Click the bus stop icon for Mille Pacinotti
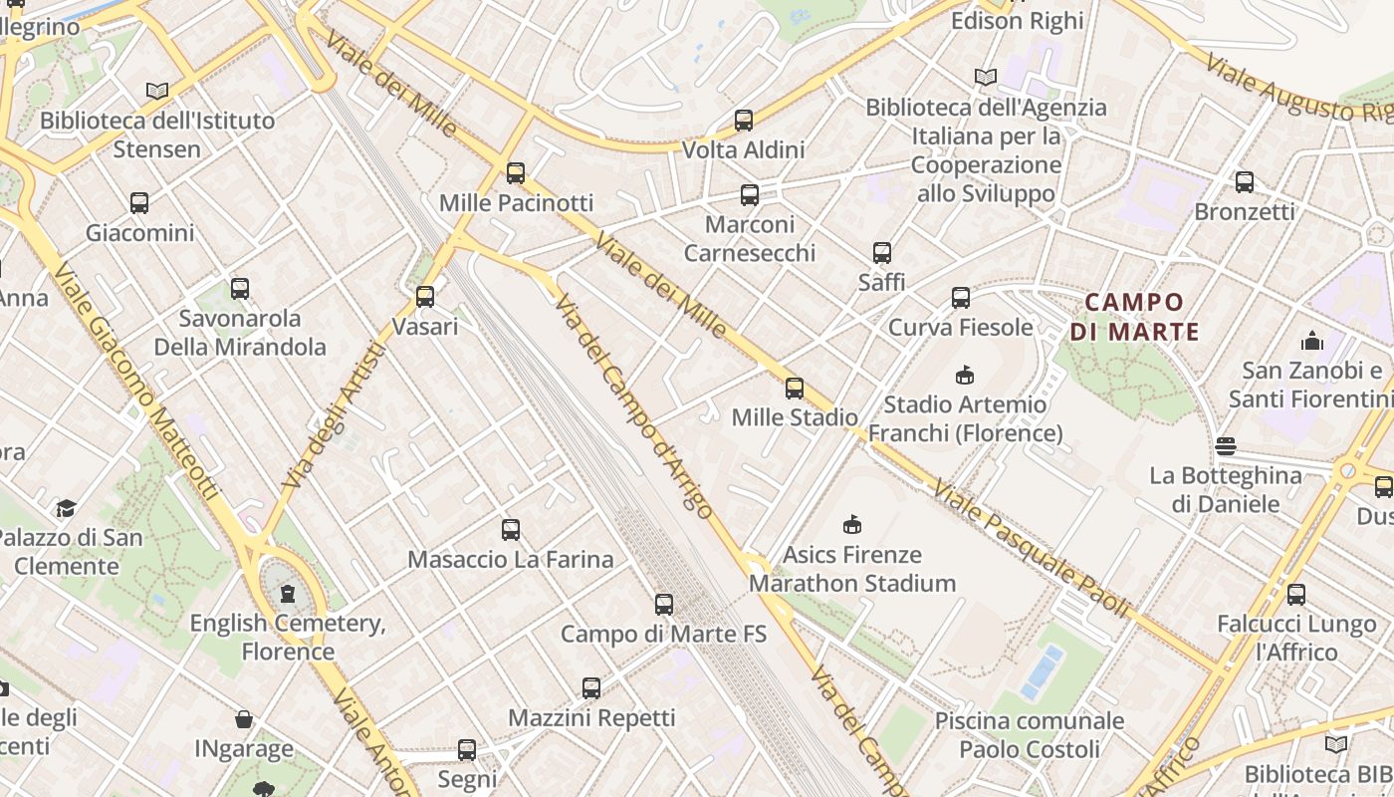click(515, 173)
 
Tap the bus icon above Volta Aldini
click(743, 121)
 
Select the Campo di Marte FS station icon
click(663, 604)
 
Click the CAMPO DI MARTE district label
click(1134, 316)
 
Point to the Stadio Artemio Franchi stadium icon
click(964, 375)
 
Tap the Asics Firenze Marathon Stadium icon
click(851, 524)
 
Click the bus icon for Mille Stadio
click(794, 388)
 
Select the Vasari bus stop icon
click(424, 297)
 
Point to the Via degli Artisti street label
click(334, 416)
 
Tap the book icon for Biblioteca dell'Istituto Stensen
click(157, 91)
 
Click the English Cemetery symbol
click(288, 594)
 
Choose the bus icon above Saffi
click(881, 253)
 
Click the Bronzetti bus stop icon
click(1244, 182)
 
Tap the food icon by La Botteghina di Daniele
click(1225, 445)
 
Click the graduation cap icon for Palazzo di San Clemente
click(66, 508)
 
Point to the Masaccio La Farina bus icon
click(510, 529)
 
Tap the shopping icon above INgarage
click(243, 719)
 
